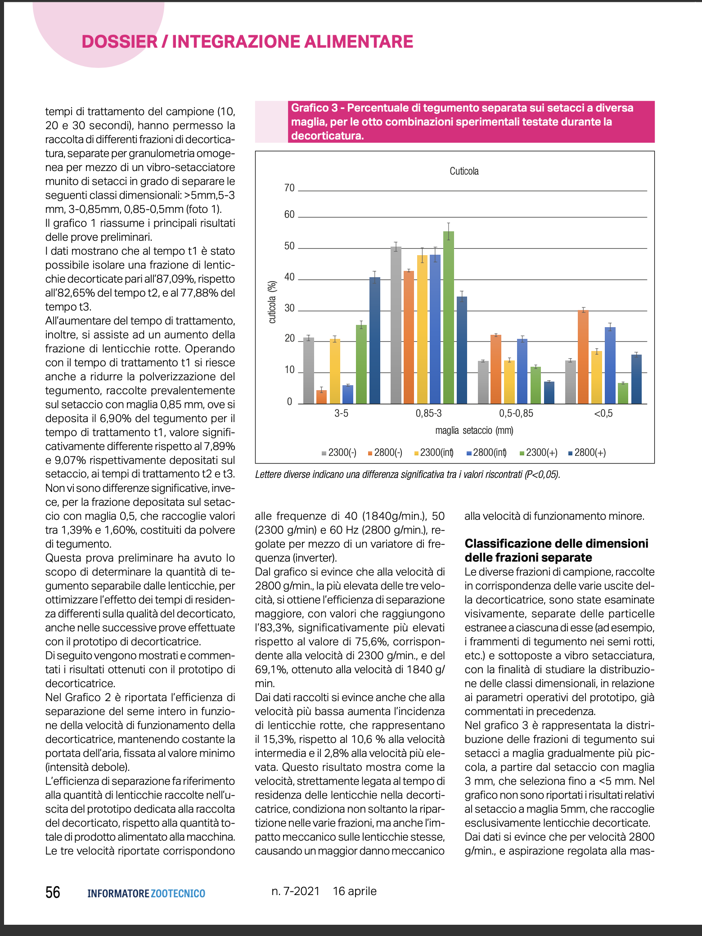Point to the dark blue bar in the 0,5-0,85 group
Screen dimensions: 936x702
coord(549,392)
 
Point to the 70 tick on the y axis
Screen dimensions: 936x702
coord(289,188)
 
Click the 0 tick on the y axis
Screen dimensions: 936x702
coord(289,402)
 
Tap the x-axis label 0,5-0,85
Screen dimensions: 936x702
coord(516,414)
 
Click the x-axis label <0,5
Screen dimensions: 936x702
coord(603,414)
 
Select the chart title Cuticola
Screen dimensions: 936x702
coord(464,171)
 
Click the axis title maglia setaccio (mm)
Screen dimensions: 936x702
coord(474,431)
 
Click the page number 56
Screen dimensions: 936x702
coord(53,892)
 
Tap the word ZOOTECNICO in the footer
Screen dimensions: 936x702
coord(178,894)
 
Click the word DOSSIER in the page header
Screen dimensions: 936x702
coord(120,42)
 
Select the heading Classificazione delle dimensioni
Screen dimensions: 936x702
coord(556,544)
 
